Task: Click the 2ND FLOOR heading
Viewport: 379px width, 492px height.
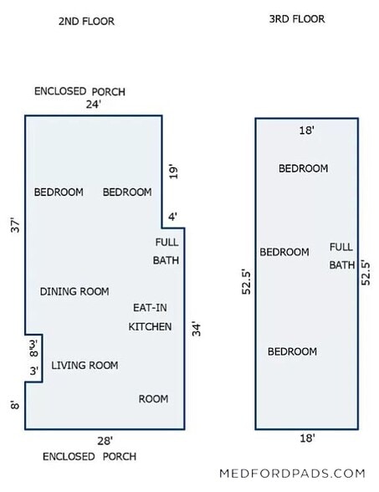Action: (x=86, y=22)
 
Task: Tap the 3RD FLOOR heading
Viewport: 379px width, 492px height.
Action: (x=297, y=19)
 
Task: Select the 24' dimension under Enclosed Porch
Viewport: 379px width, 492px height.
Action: (x=94, y=104)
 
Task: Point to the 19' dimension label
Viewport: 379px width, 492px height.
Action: (x=173, y=172)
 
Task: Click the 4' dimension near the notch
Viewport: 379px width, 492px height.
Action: (x=173, y=217)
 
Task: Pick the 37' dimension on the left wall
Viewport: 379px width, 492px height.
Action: (x=15, y=225)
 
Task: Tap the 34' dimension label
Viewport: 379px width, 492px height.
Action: (x=196, y=329)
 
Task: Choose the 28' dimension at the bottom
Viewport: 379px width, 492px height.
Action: (x=105, y=441)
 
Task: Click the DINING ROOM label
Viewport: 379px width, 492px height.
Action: (x=74, y=291)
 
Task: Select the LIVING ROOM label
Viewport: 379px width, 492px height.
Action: (x=85, y=365)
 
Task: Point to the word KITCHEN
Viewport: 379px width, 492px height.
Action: (x=150, y=326)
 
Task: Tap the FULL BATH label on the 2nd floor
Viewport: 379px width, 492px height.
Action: (x=166, y=251)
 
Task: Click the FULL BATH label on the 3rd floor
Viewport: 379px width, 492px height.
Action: (x=341, y=256)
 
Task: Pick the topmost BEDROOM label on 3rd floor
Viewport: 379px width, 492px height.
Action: (x=304, y=168)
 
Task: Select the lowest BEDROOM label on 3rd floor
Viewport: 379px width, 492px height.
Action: (x=292, y=351)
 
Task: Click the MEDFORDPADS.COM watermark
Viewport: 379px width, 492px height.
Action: (x=293, y=474)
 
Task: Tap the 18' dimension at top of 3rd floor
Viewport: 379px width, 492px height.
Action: (x=306, y=130)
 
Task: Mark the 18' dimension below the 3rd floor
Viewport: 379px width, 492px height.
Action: (x=307, y=438)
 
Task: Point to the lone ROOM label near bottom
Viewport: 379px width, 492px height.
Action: (x=153, y=399)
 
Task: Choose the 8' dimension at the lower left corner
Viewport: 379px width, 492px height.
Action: (x=15, y=405)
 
